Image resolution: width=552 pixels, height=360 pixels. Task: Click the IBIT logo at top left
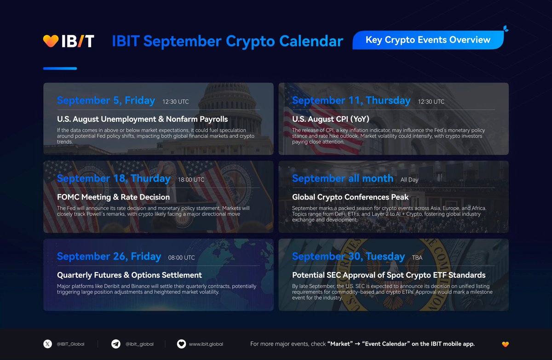69,41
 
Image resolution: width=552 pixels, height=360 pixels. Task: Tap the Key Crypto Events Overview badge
428,40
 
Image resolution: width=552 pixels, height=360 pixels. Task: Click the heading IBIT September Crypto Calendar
227,41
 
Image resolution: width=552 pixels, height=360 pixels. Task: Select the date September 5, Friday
106,101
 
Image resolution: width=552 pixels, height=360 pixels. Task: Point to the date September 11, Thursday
351,101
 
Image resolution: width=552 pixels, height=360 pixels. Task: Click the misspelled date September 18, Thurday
114,178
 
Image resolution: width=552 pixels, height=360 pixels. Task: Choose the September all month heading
342,178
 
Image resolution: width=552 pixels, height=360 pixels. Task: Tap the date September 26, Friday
109,257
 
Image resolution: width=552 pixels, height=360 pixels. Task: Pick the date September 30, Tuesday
348,257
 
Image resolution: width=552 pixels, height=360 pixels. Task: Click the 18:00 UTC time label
191,180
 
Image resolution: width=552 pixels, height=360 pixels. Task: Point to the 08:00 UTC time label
182,258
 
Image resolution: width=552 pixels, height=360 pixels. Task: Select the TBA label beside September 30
417,258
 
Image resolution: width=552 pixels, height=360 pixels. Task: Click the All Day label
409,180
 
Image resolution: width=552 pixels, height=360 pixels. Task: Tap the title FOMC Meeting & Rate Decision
113,197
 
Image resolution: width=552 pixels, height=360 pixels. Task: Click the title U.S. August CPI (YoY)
330,119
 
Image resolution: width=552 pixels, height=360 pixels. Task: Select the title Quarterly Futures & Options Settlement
129,275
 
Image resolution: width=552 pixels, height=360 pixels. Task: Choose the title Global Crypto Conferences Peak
350,197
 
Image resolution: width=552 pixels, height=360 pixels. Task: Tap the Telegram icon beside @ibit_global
116,344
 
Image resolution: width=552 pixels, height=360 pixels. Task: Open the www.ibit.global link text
206,344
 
